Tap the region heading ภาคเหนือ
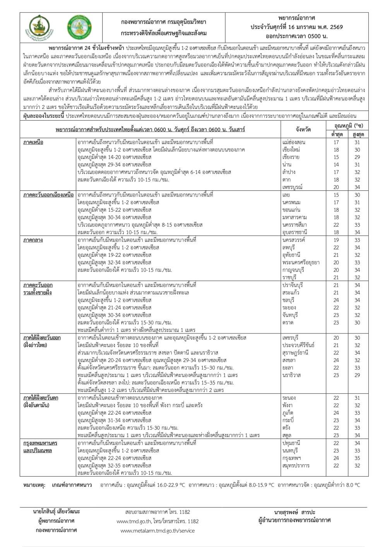pyautogui.click(x=33, y=142)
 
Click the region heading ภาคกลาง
pyautogui.click(x=33, y=240)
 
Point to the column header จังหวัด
pyautogui.click(x=303, y=130)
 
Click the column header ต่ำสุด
pyautogui.click(x=336, y=135)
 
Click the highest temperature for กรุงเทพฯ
pyautogui.click(x=357, y=458)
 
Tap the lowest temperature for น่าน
pyautogui.click(x=336, y=165)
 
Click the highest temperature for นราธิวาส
pyautogui.click(x=357, y=375)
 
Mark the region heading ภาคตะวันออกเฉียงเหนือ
pyautogui.click(x=48, y=195)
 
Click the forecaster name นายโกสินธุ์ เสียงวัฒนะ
pyautogui.click(x=57, y=511)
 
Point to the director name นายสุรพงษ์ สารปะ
pyautogui.click(x=294, y=511)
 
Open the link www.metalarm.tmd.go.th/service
pyautogui.click(x=158, y=531)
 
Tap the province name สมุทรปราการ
pyautogui.click(x=296, y=465)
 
